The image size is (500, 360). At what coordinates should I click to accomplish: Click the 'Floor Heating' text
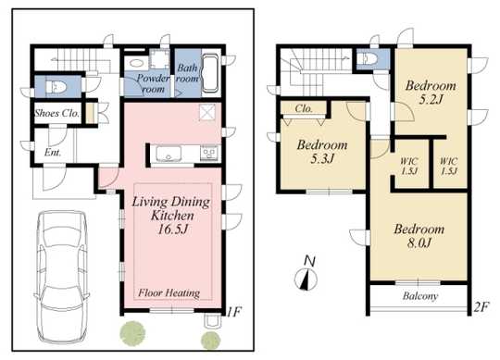pos(169,293)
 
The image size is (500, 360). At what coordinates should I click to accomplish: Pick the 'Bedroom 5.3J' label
pos(322,152)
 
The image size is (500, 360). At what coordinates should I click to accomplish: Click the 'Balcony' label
pos(419,296)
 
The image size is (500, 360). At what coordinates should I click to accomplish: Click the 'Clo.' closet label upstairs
pos(305,109)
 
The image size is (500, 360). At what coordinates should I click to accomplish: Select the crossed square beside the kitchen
pos(207,114)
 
